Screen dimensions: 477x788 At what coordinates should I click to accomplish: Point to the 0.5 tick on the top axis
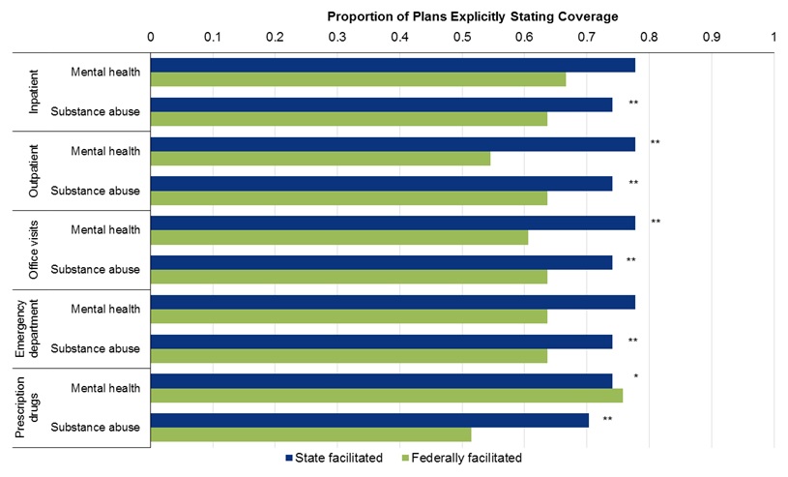[462, 36]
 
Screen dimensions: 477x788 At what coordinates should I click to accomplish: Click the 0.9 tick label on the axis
[712, 36]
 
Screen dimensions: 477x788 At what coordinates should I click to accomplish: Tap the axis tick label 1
[773, 36]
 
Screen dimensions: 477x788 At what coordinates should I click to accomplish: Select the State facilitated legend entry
[334, 458]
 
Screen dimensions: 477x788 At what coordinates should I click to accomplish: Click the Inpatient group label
[34, 92]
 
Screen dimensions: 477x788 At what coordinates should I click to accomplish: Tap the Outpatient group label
[34, 171]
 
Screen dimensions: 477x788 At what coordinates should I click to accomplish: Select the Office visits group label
[34, 250]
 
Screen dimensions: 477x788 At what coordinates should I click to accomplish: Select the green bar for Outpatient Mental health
[320, 158]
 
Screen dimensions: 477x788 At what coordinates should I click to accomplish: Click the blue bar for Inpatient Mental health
[393, 65]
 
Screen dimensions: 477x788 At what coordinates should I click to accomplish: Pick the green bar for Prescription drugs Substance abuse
[310, 434]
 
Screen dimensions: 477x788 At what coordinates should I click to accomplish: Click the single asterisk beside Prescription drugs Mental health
[635, 376]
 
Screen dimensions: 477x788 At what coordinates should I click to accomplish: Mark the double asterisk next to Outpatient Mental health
[655, 143]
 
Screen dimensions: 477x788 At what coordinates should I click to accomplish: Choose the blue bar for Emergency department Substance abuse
[381, 342]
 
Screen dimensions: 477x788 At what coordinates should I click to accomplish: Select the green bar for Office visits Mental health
[339, 237]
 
